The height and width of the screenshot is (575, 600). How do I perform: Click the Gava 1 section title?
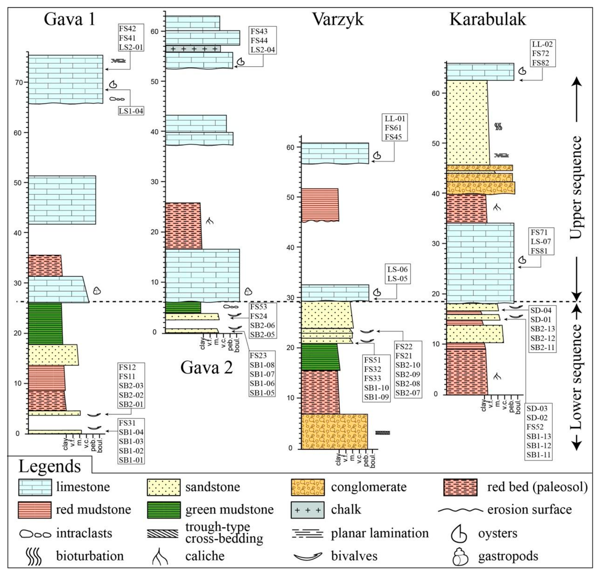pyautogui.click(x=70, y=19)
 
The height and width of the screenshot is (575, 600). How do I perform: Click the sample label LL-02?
pyautogui.click(x=542, y=44)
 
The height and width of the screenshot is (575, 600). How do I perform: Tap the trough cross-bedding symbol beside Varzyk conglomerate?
pyautogui.click(x=383, y=433)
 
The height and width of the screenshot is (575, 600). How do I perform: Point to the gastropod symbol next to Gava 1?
pyautogui.click(x=97, y=291)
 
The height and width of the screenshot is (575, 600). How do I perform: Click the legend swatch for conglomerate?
pyautogui.click(x=308, y=487)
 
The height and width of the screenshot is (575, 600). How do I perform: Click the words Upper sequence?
pyautogui.click(x=576, y=187)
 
